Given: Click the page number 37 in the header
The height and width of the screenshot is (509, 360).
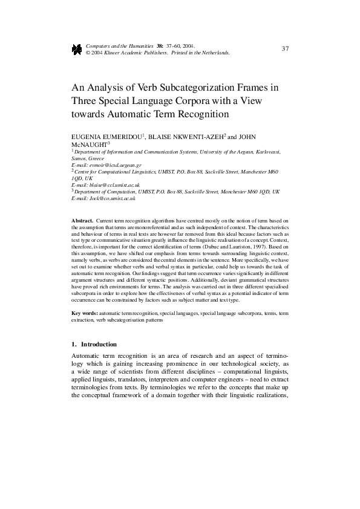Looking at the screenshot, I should (x=286, y=48).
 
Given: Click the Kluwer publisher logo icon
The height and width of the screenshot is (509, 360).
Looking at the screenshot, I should (x=77, y=50).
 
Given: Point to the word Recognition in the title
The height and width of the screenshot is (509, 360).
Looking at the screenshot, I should (x=198, y=113).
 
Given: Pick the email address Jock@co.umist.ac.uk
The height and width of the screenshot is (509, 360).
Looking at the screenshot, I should (x=112, y=198).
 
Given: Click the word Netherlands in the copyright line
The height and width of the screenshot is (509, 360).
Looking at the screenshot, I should (x=215, y=53).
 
